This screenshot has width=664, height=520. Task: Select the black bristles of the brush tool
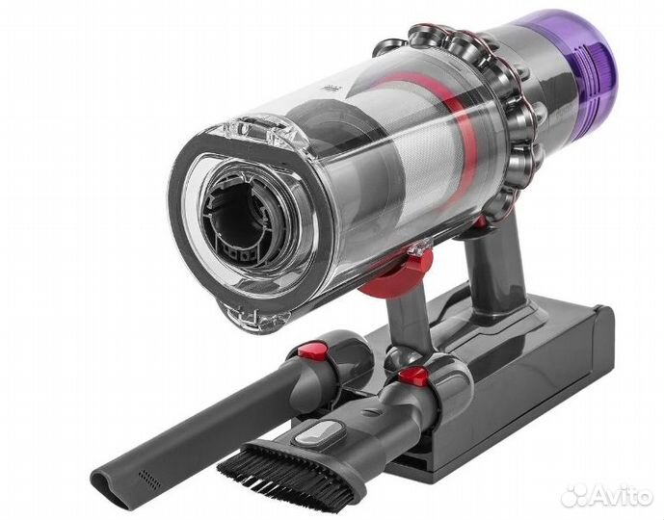click(x=275, y=463)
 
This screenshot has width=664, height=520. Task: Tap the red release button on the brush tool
click(x=413, y=377)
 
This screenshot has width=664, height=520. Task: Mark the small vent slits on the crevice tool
click(x=147, y=479)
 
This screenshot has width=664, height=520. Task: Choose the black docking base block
click(x=540, y=385)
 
